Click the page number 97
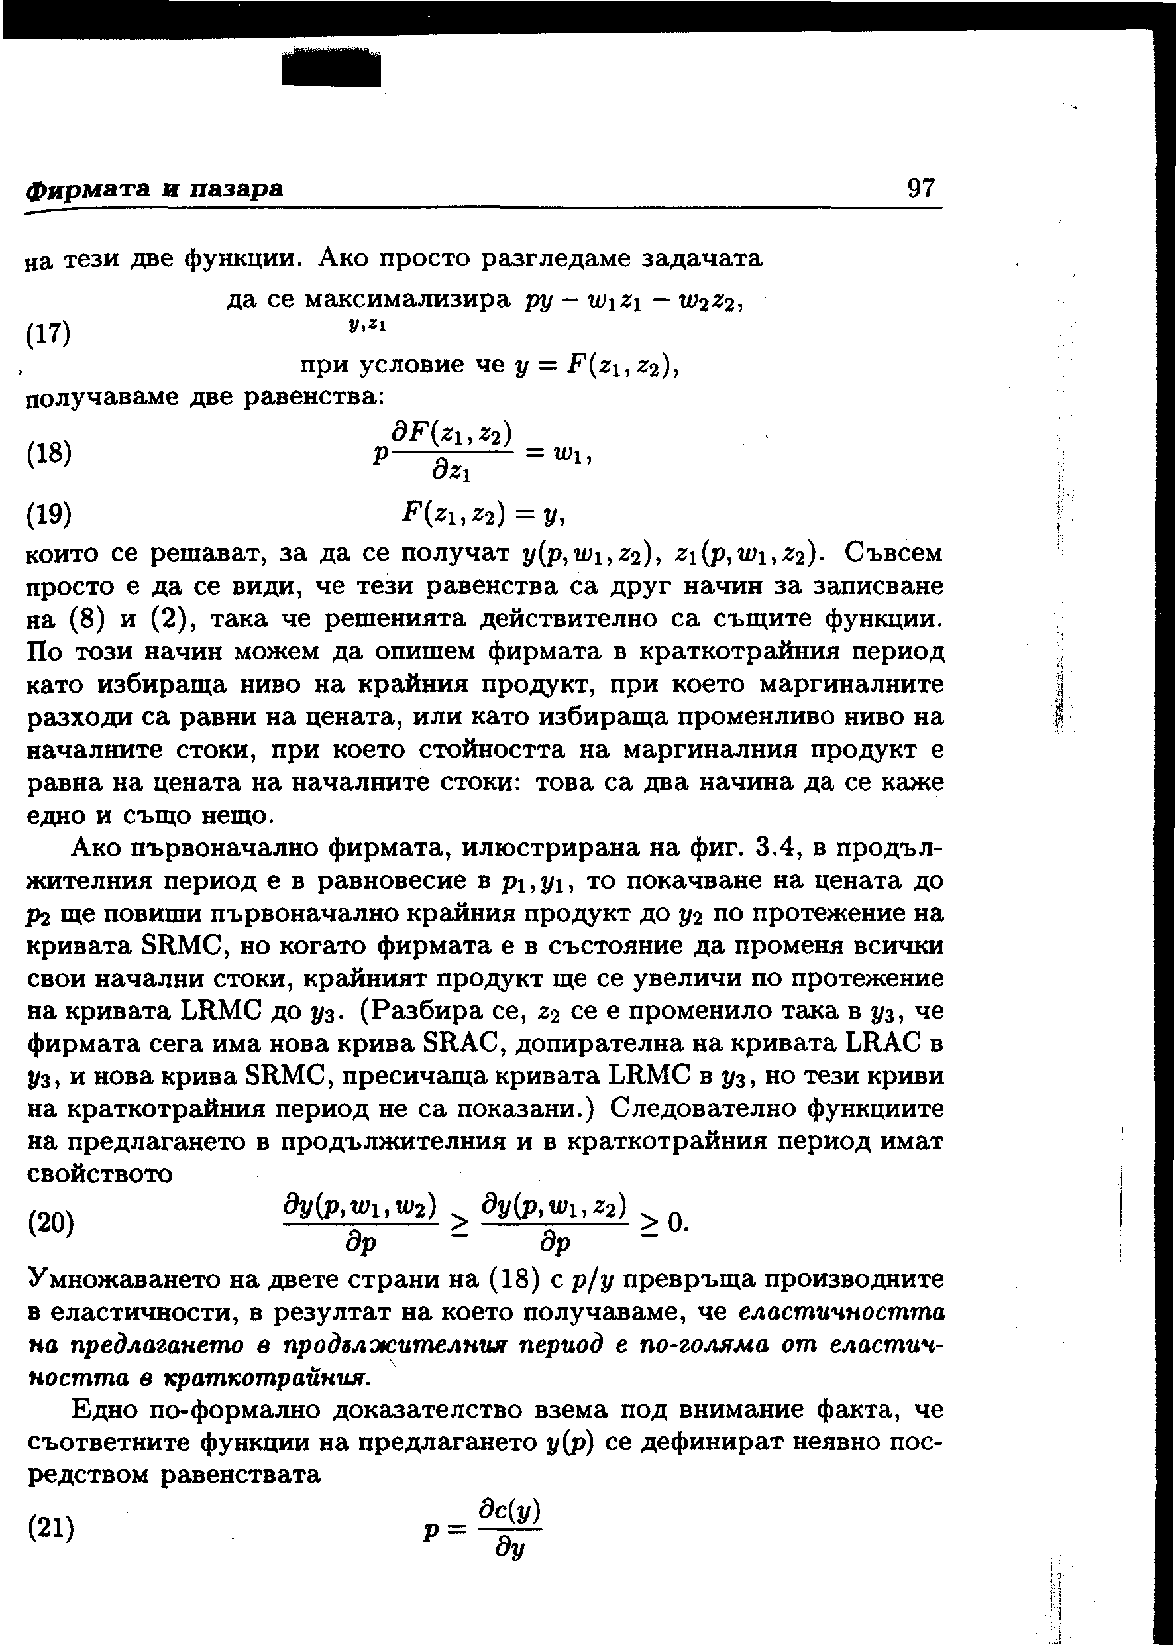click(921, 188)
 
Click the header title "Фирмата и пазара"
click(154, 189)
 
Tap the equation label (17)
click(48, 334)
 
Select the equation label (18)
click(48, 453)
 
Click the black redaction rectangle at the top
click(331, 70)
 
